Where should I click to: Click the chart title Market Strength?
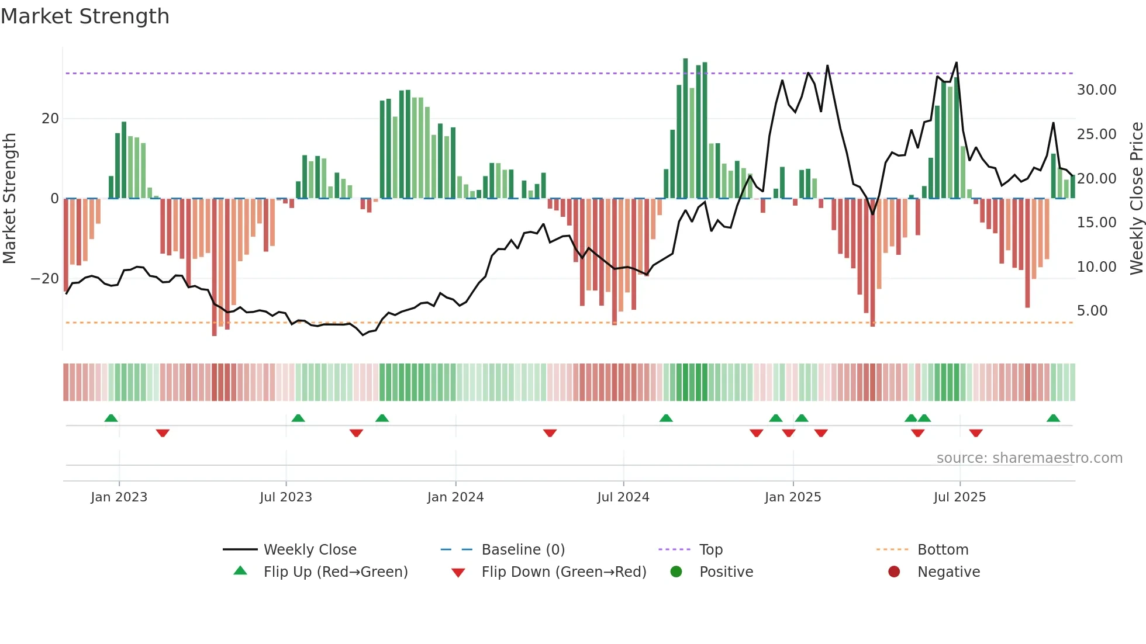(x=85, y=16)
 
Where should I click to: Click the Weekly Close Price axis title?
(x=1136, y=198)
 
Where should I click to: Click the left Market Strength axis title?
(x=10, y=198)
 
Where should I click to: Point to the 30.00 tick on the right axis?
(x=1096, y=90)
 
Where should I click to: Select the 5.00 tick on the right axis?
(x=1092, y=311)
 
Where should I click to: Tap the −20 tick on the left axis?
(x=44, y=279)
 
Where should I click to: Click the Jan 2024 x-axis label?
(x=455, y=497)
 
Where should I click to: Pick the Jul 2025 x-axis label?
(x=959, y=497)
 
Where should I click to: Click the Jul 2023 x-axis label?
(x=286, y=497)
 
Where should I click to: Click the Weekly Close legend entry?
(x=309, y=550)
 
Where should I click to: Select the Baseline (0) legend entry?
(x=523, y=550)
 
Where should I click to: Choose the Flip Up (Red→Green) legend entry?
(x=335, y=572)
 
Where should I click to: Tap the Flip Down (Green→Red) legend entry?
(x=564, y=572)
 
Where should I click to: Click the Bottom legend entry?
(x=943, y=550)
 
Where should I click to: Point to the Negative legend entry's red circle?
(x=894, y=572)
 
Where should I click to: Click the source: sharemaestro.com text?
(x=1029, y=458)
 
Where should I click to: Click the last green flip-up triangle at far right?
(x=1053, y=418)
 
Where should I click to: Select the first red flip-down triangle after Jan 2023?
(x=163, y=433)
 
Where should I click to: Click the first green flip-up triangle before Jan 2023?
(x=111, y=418)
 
